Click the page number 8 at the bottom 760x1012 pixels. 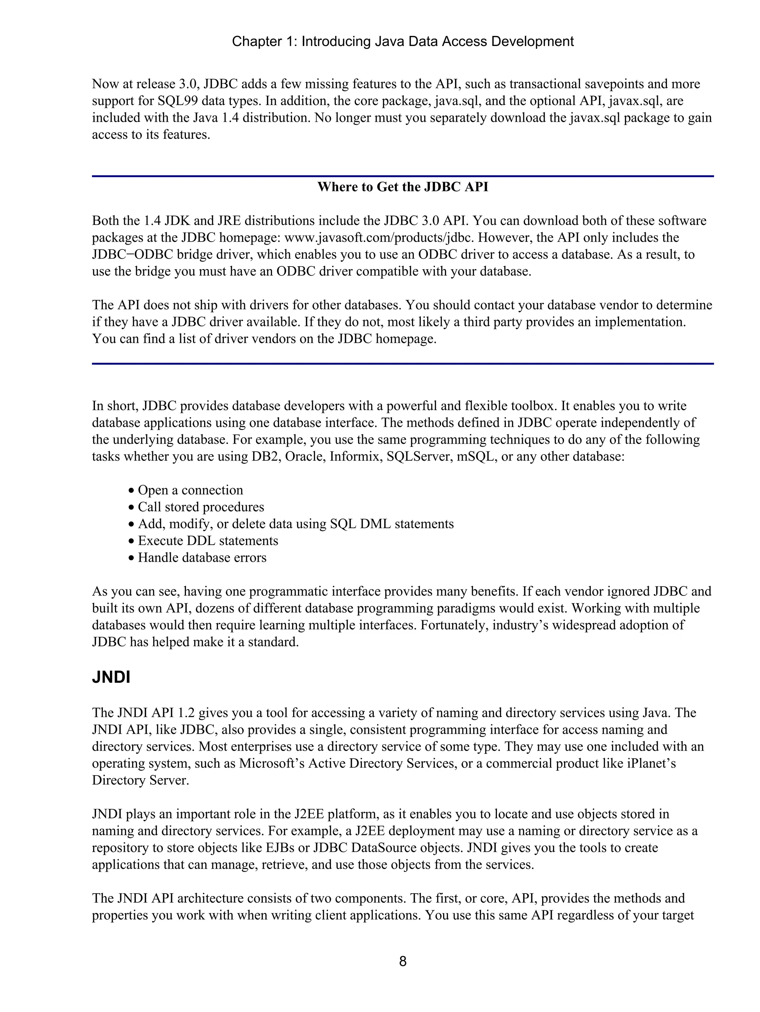point(402,961)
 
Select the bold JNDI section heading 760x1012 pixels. point(111,678)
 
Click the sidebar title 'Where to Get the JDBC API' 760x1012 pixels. point(402,187)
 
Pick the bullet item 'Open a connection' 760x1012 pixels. point(190,490)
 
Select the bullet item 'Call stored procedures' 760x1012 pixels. point(201,507)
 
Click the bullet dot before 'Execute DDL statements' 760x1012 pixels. point(132,541)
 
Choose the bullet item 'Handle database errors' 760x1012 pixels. point(202,558)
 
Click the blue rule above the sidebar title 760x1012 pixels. point(402,176)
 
